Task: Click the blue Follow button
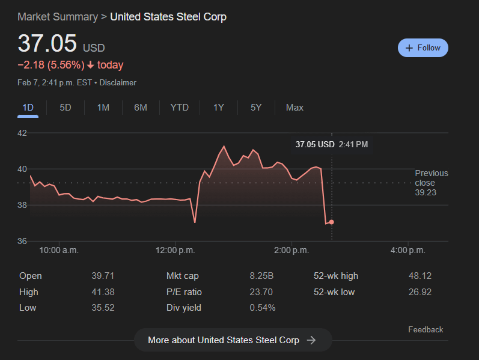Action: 423,47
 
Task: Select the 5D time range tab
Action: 66,108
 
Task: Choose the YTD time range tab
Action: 179,108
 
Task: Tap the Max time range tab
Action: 294,108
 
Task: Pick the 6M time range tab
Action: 141,108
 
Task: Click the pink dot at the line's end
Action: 331,222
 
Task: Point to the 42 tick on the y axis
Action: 22,133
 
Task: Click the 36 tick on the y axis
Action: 22,241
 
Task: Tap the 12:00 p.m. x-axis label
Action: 175,250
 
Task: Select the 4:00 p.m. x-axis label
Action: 408,250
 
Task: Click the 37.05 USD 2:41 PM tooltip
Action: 332,144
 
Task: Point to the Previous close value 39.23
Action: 426,192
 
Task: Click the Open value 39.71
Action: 103,276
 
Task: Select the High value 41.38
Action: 103,292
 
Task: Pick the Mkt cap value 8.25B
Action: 261,276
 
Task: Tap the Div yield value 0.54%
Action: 263,308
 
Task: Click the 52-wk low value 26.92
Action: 420,292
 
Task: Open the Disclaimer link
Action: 118,82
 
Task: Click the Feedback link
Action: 426,329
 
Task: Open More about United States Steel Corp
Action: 233,340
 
